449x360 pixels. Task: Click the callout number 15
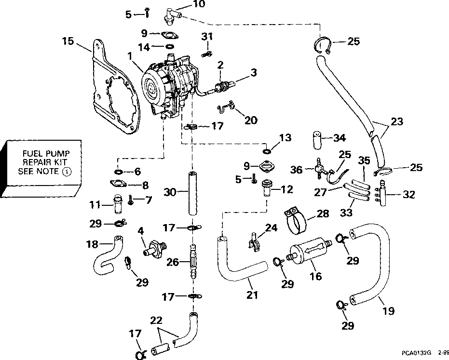click(x=68, y=41)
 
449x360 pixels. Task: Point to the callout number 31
click(x=207, y=36)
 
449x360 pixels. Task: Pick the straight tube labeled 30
click(x=193, y=193)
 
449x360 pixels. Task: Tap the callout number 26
click(x=173, y=262)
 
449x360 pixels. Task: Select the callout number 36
click(x=296, y=170)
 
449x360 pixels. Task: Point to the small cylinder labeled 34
click(x=317, y=140)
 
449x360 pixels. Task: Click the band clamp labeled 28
click(x=296, y=220)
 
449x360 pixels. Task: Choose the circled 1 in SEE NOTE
click(x=67, y=172)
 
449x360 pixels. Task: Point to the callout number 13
click(x=285, y=138)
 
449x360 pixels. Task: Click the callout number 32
click(x=408, y=195)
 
